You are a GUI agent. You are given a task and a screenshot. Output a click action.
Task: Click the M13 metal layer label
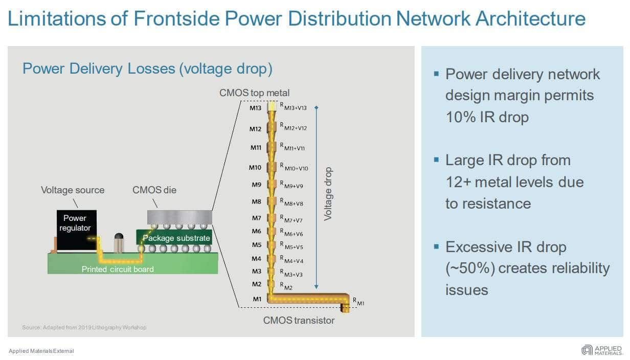tap(255, 108)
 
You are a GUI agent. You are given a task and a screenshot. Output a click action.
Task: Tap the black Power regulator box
tap(77, 230)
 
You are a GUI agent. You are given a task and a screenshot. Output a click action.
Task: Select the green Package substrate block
tap(174, 238)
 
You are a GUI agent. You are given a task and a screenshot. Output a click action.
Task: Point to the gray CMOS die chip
tap(179, 217)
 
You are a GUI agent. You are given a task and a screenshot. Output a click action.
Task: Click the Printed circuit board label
tap(118, 269)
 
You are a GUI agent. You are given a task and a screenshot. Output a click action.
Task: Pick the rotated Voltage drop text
tap(328, 194)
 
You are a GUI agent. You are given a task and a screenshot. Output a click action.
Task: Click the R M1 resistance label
tap(358, 302)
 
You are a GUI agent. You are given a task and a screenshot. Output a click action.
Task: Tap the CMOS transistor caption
tap(299, 320)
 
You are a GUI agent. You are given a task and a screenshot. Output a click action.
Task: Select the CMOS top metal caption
tap(254, 93)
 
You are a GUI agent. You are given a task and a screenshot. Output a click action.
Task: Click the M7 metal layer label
tap(257, 218)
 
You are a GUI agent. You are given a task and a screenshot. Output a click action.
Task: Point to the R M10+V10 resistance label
tap(294, 167)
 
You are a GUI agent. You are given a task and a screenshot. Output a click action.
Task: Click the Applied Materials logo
tap(601, 350)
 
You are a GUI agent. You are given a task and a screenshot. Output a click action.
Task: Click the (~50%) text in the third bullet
tap(470, 268)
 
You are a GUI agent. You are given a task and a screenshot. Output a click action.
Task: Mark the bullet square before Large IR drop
tap(436, 160)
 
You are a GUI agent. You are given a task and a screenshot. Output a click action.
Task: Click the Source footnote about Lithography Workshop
tap(84, 327)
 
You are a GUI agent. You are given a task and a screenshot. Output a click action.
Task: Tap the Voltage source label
tap(73, 190)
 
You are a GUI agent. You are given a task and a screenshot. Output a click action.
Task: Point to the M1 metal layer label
tap(257, 299)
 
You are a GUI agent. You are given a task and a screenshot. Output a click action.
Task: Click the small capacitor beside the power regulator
tap(119, 243)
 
